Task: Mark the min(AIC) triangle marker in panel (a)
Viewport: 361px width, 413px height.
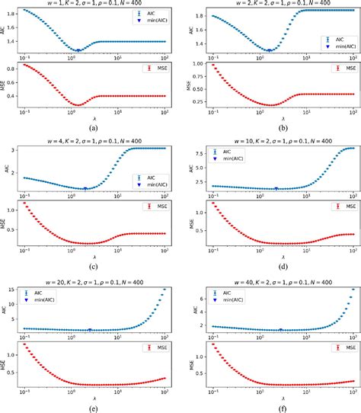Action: (78, 50)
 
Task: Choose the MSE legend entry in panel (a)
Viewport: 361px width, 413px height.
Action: (152, 68)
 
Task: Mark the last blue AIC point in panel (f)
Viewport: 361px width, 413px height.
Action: (353, 290)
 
